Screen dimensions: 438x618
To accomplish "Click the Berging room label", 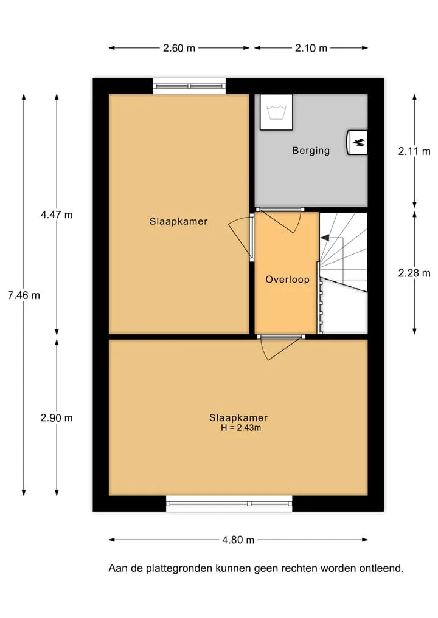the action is coord(311,151).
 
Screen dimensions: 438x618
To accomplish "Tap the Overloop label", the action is coord(287,280).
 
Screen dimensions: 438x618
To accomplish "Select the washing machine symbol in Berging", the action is coord(276,112).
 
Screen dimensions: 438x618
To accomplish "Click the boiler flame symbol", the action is coord(359,142).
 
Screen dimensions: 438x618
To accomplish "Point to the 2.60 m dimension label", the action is coord(179,48).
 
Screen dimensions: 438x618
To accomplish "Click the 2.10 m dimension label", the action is coord(311,48).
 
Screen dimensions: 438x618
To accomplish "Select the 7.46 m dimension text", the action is coord(24,295).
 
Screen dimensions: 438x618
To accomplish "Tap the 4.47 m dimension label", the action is coord(57,215).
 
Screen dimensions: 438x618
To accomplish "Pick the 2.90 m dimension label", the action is coord(57,418).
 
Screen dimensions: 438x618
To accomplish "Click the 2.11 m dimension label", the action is coord(414,151).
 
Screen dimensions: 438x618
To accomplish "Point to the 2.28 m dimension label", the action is coord(414,273).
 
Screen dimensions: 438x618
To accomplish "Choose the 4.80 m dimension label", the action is coord(238,540).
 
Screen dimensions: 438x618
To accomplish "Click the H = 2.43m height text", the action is coord(241,428).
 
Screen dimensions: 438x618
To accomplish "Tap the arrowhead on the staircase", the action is coord(325,238).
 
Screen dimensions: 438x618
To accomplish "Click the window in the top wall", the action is coord(189,86).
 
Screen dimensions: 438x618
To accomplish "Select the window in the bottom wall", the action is coord(229,504).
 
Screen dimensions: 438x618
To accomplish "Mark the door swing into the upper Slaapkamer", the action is coord(242,237).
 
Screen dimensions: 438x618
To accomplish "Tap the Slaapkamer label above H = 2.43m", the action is coord(238,418).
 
